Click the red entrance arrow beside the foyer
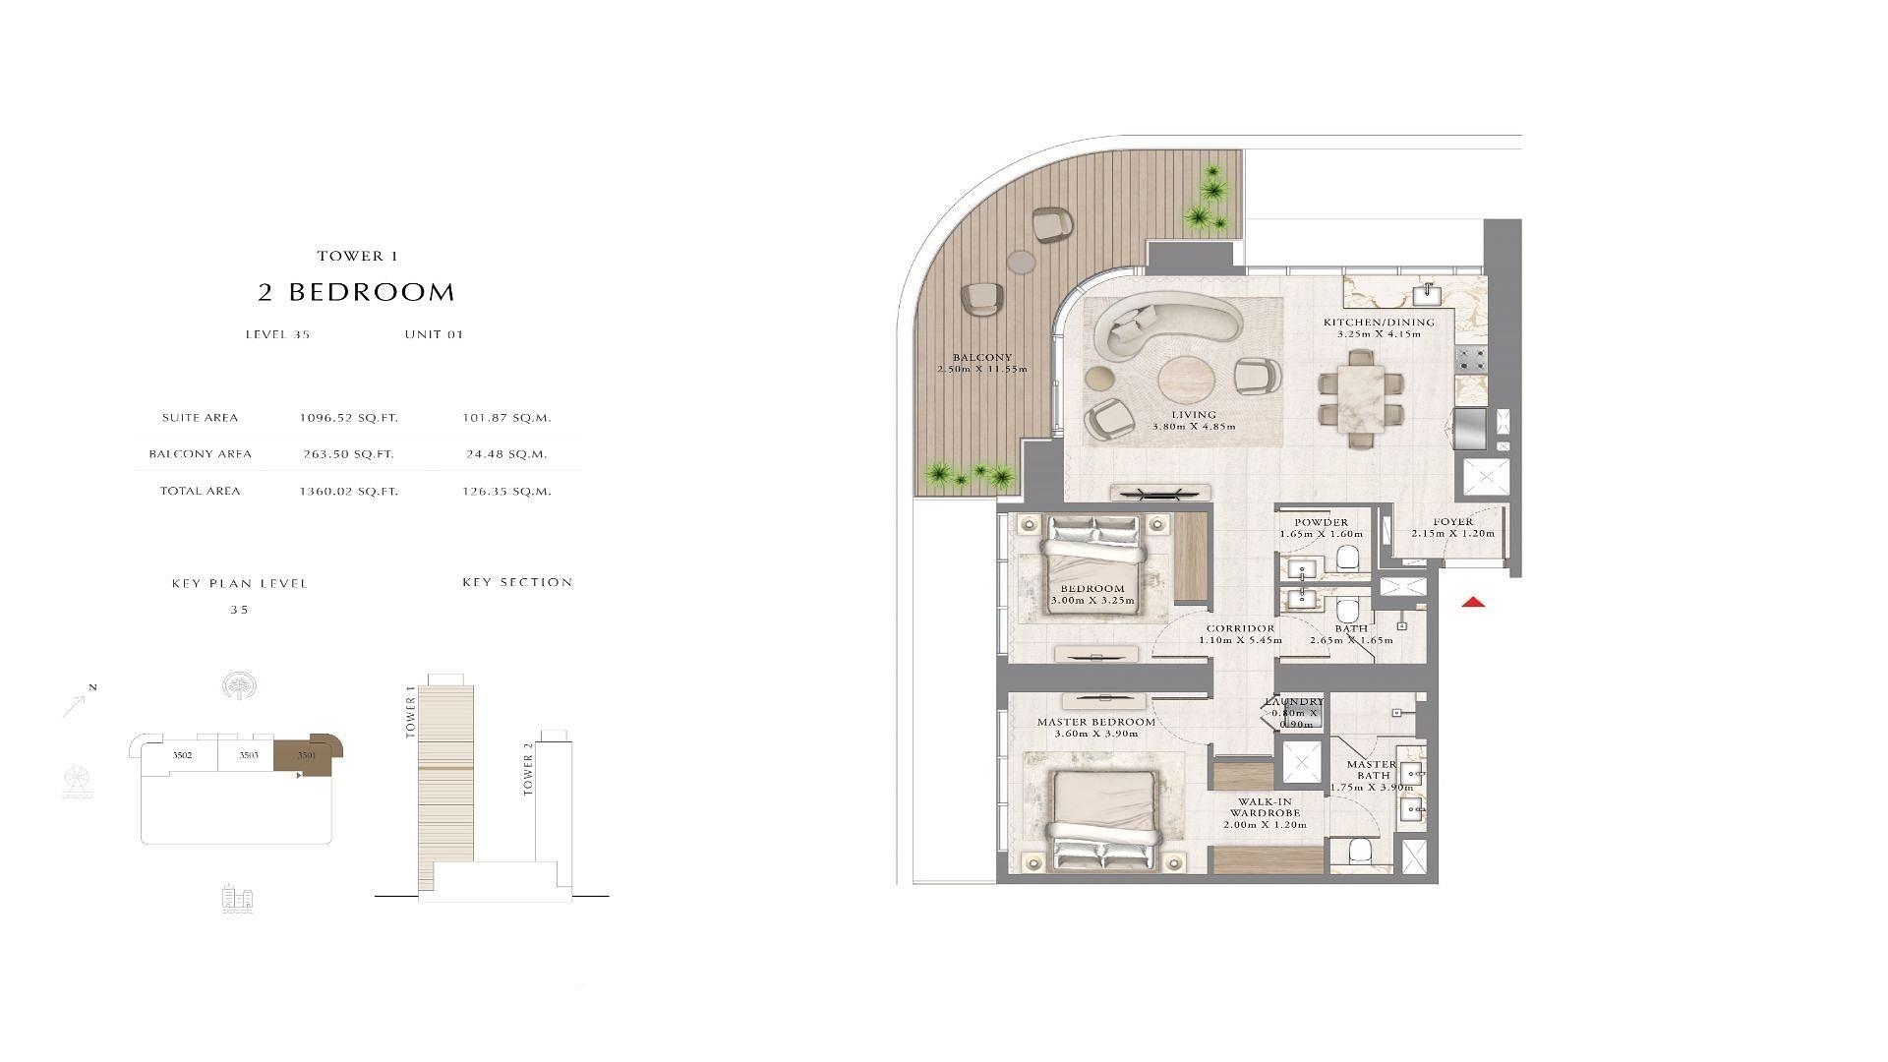(1472, 603)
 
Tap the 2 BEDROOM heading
(357, 292)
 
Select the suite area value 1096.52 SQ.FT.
(349, 418)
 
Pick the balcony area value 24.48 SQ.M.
(506, 454)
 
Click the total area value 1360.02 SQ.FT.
(349, 491)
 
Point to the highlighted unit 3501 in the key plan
(308, 754)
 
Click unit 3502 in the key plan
(182, 755)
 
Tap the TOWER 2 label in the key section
(528, 768)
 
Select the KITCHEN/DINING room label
(1379, 323)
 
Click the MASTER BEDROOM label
(1096, 722)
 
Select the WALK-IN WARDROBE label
(1266, 807)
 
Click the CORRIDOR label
(1241, 628)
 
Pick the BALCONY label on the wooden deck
(982, 358)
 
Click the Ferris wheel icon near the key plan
(76, 783)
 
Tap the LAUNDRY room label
(1294, 702)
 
